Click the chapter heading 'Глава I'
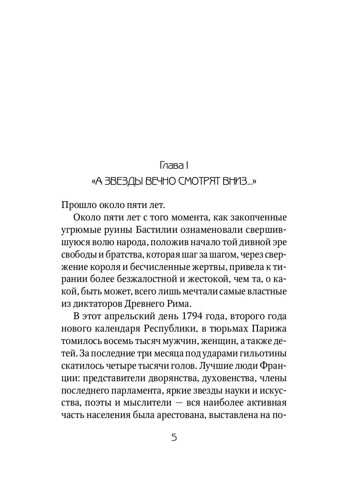[174, 165]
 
